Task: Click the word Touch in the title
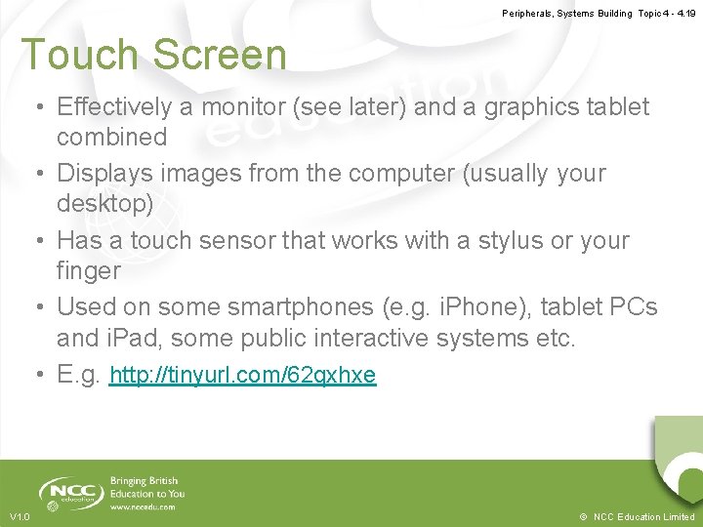(78, 56)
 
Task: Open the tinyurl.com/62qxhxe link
(242, 376)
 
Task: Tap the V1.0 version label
(20, 516)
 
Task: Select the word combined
(111, 137)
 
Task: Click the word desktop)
(105, 203)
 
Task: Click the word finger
(89, 269)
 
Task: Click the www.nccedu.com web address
(143, 507)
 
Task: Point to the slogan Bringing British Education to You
(146, 487)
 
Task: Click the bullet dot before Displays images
(43, 175)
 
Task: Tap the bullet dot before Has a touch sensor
(43, 241)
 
